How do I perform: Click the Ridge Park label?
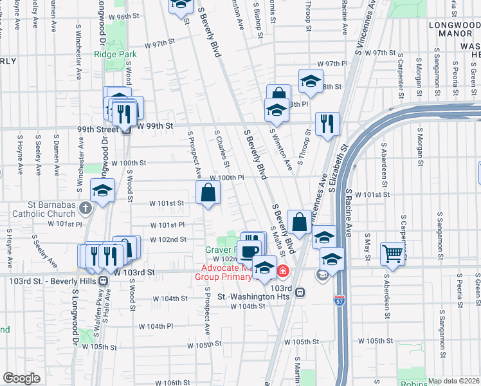[116, 55]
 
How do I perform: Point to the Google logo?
[21, 378]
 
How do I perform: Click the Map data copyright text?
[454, 381]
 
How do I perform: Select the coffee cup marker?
[251, 250]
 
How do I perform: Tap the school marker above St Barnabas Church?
[102, 191]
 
